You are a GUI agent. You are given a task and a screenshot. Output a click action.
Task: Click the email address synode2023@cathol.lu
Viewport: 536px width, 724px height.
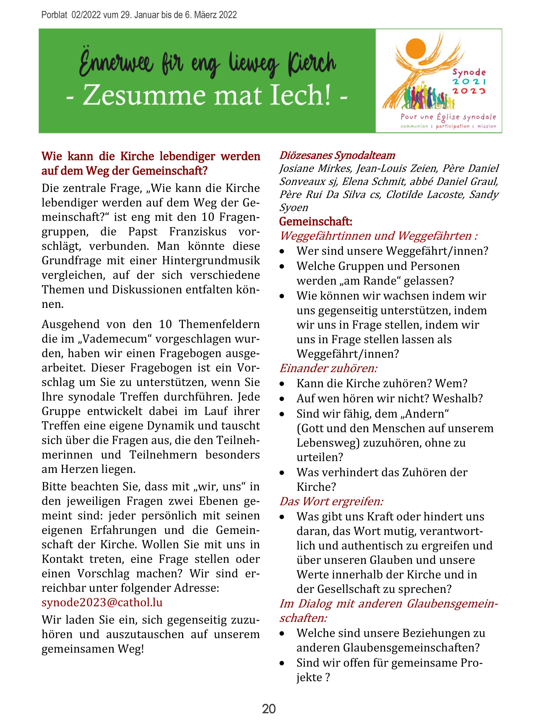coord(102,602)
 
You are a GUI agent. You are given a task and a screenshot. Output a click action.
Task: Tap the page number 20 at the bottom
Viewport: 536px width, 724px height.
coord(269,709)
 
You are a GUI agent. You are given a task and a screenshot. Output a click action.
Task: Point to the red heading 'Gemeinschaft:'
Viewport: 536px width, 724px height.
coord(315,222)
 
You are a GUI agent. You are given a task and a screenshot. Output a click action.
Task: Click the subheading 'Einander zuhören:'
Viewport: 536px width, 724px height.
coord(328,368)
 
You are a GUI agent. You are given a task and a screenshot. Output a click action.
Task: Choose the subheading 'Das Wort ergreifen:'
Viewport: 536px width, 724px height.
coord(331,502)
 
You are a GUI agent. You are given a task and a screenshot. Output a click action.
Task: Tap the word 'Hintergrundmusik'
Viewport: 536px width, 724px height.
coord(211,260)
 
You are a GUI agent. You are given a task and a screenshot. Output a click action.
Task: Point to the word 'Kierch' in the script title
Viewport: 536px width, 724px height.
coord(311,63)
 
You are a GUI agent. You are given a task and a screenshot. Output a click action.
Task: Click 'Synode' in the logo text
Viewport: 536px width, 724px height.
coord(469,72)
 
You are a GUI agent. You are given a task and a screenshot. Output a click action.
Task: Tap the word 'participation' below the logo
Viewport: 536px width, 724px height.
coord(452,126)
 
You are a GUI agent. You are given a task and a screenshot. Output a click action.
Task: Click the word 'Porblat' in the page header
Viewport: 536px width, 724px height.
coord(54,15)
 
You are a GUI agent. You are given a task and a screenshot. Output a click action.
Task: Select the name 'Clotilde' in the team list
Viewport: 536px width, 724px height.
coord(404,194)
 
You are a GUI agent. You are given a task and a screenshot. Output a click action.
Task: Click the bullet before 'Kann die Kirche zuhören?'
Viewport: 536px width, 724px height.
coord(282,384)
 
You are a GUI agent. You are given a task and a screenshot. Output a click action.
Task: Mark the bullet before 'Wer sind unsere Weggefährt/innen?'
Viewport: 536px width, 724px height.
coord(282,251)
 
